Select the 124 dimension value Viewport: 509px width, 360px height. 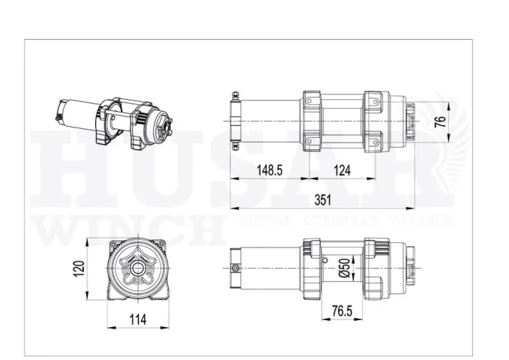(x=341, y=170)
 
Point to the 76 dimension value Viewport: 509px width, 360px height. (x=441, y=121)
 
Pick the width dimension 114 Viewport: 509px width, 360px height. (x=137, y=320)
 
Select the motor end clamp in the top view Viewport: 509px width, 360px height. (x=235, y=121)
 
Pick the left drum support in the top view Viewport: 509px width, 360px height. (x=313, y=121)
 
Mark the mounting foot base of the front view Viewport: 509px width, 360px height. (x=137, y=297)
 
